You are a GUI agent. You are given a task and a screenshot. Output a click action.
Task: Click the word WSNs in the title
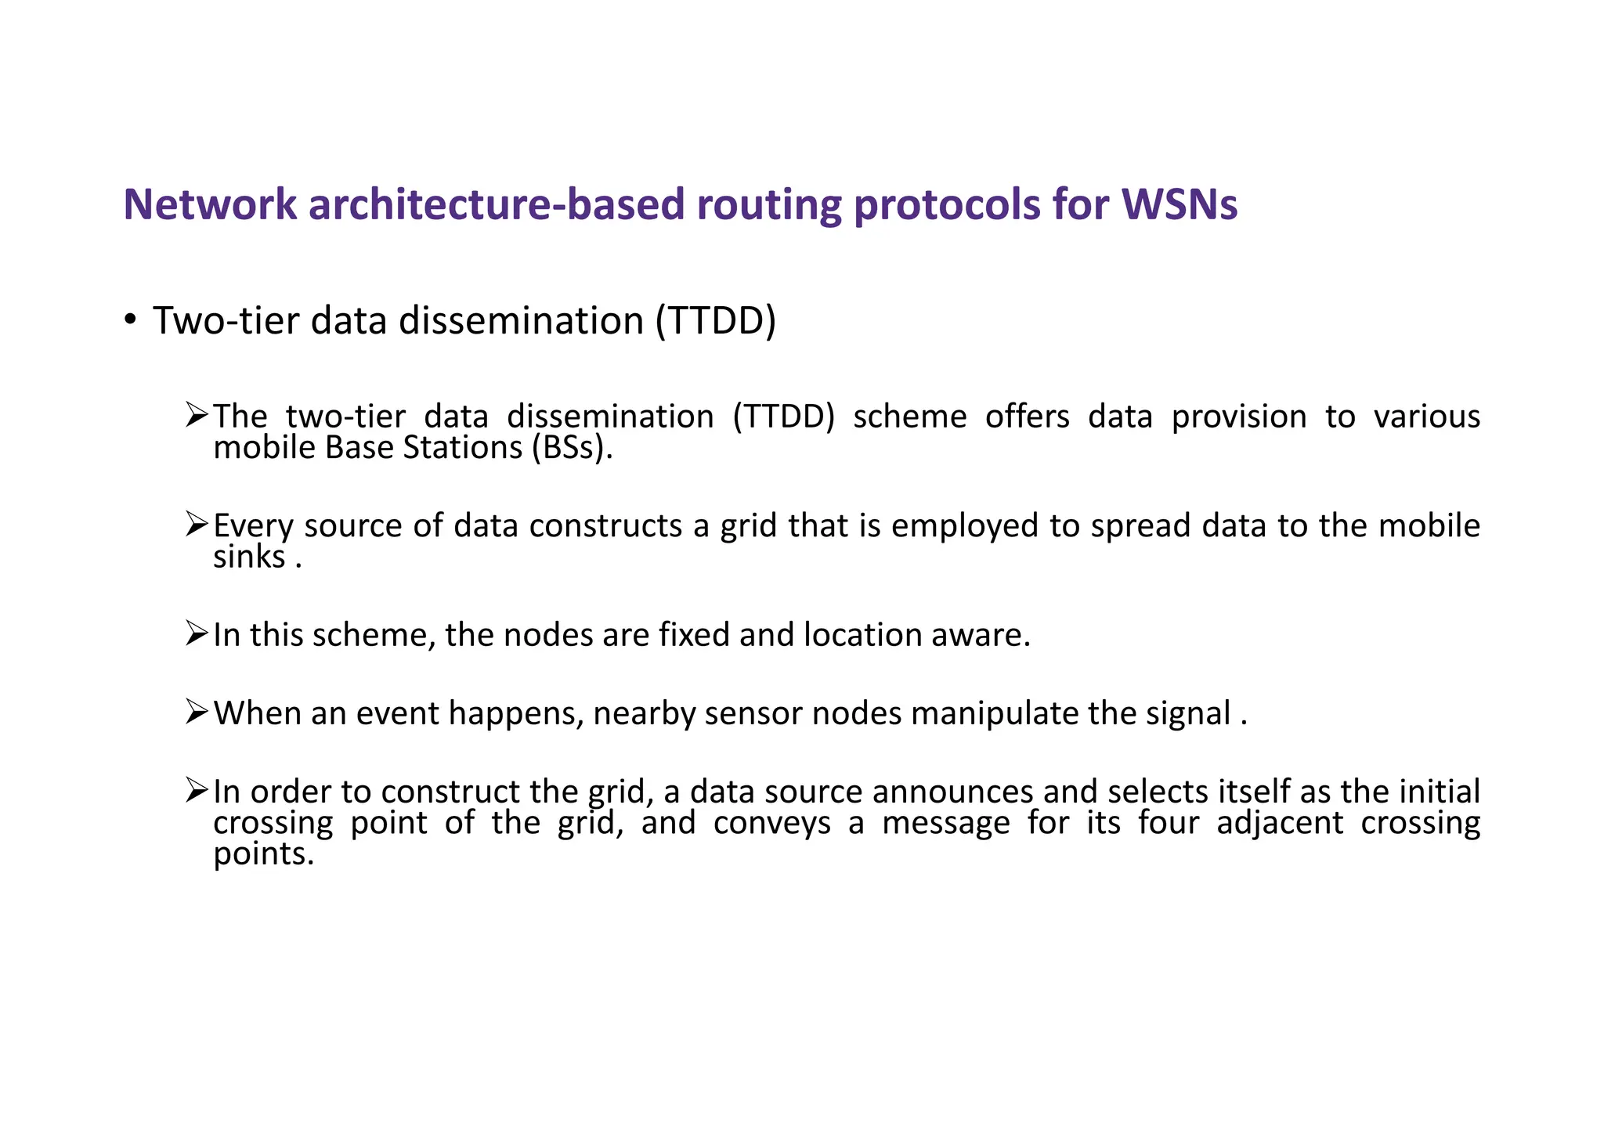point(1180,204)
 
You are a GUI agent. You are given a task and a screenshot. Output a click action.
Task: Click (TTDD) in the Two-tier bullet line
point(715,321)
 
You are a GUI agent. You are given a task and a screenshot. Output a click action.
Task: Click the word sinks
point(249,557)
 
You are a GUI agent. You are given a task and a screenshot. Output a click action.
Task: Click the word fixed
point(694,634)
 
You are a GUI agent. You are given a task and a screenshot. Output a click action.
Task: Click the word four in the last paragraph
point(1169,823)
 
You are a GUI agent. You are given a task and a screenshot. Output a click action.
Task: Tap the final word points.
point(263,854)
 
